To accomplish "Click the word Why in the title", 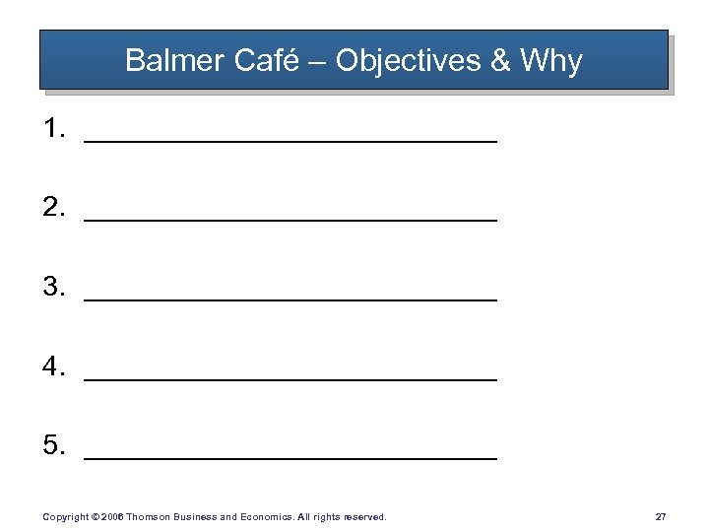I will pos(550,61).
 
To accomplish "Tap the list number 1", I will pos(53,128).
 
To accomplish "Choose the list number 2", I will pos(53,207).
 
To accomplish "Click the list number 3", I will pos(53,287).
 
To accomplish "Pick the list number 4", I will pos(53,366).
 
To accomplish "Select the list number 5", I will pos(53,445).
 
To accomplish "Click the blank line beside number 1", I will pos(290,141).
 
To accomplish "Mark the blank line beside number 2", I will pos(290,220).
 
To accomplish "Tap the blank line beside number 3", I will pos(290,299).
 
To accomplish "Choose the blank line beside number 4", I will pos(290,379).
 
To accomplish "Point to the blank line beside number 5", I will pos(290,458).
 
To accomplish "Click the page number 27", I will pos(660,516).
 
